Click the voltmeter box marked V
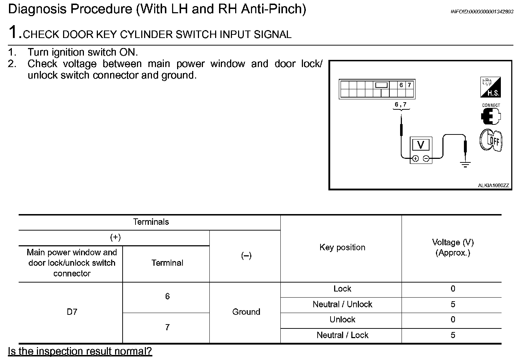(x=421, y=145)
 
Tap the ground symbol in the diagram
(x=465, y=165)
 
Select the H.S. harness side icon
(x=490, y=87)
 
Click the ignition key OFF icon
(x=491, y=140)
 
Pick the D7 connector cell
(x=72, y=312)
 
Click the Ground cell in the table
(x=246, y=312)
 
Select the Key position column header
(x=342, y=247)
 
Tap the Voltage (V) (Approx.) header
(x=452, y=247)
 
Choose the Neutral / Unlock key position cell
(x=342, y=304)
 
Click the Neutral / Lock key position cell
(x=342, y=335)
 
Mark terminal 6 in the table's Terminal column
(x=167, y=297)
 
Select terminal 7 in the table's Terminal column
(x=167, y=327)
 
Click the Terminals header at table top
(x=151, y=222)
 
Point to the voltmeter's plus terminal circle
(x=415, y=158)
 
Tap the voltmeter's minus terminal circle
(x=426, y=158)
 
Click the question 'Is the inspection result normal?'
(x=80, y=351)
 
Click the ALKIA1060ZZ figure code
(x=493, y=185)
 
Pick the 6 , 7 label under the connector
(x=400, y=104)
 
